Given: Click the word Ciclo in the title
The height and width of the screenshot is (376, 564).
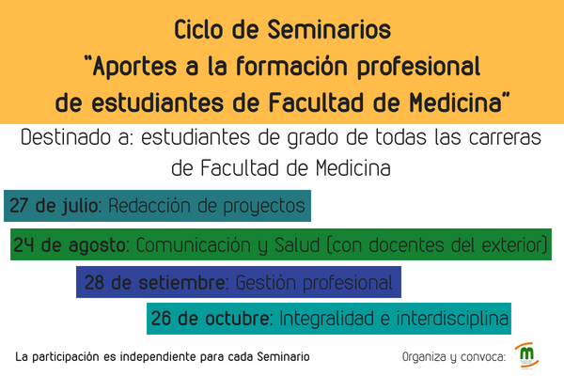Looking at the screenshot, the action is click(x=198, y=29).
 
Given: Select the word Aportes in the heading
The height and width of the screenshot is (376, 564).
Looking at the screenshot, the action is click(x=135, y=67).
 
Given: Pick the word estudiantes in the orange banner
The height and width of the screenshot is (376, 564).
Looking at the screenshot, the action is click(x=158, y=102).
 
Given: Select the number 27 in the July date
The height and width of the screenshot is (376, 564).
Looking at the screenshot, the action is click(x=19, y=206).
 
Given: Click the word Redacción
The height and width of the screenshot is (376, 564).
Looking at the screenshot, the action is click(x=149, y=206).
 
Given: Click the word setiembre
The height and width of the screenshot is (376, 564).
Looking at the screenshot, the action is click(x=182, y=282).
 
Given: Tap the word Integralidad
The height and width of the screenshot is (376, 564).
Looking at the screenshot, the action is click(x=328, y=319).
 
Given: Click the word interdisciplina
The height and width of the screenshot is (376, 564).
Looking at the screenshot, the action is click(x=452, y=319).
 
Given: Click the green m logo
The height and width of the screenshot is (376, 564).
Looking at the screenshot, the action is click(x=527, y=354).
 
